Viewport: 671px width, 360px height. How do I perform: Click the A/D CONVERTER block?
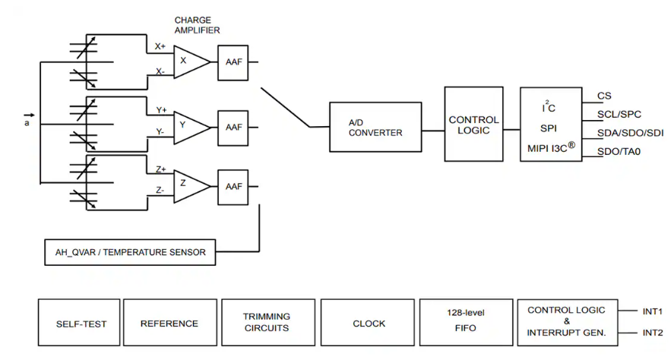[x=375, y=127]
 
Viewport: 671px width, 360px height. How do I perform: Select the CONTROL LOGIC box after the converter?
[x=473, y=124]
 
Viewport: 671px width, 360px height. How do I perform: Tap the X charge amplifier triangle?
[x=189, y=62]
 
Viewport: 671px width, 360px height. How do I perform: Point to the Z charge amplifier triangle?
[x=189, y=185]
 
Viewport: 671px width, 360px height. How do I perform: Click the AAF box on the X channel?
[x=233, y=62]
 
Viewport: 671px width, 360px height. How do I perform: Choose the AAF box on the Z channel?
[x=233, y=185]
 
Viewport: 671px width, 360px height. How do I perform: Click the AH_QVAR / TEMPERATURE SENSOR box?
[x=130, y=252]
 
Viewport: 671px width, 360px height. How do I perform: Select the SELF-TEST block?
[x=81, y=324]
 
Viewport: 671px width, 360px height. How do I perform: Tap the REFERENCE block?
[x=169, y=324]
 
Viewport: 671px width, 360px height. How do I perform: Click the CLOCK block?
[x=369, y=324]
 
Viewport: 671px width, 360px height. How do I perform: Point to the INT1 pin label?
[x=652, y=311]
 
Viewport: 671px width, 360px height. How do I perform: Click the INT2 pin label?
[x=652, y=333]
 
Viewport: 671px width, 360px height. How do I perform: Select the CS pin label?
[x=604, y=96]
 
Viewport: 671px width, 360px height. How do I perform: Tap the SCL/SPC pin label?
[x=619, y=115]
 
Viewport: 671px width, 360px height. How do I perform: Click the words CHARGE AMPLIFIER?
[x=197, y=25]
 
